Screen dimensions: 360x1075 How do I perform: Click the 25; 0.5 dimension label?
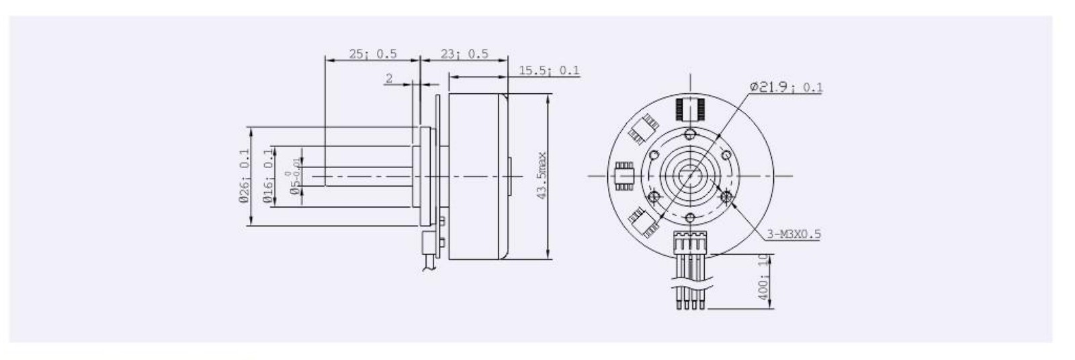pos(373,54)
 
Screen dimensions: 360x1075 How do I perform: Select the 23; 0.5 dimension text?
pos(464,54)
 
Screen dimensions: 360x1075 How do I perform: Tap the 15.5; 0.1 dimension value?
pos(549,71)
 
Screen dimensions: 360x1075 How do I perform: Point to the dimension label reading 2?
pos(389,79)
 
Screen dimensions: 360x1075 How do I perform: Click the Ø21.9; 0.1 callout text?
pos(785,87)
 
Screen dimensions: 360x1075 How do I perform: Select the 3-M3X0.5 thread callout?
pos(793,234)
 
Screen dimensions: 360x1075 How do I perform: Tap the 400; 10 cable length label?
pos(763,277)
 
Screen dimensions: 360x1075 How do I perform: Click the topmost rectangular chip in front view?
pos(689,108)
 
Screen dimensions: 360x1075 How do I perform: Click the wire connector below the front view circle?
pos(690,241)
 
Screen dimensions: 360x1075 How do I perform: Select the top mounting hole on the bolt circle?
pos(690,135)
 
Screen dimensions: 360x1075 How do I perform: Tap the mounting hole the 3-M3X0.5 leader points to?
pos(726,196)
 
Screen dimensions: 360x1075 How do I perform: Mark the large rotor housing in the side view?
pos(478,176)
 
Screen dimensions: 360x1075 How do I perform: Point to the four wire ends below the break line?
pos(690,298)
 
